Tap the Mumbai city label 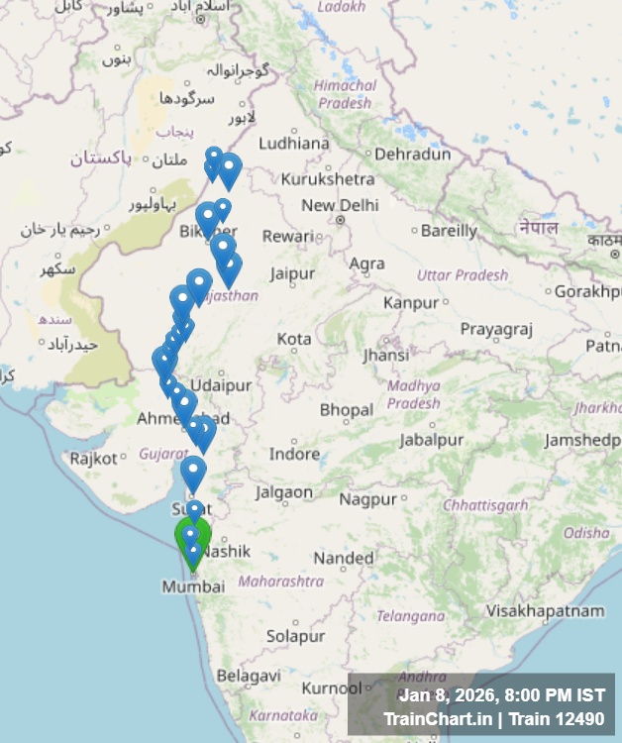[x=193, y=586]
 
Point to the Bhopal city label [x=346, y=409]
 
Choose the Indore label [x=295, y=454]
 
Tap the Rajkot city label [x=94, y=459]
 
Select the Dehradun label [x=414, y=154]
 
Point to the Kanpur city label [x=410, y=301]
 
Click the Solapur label [x=295, y=635]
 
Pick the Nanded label [x=344, y=558]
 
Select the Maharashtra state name [x=281, y=581]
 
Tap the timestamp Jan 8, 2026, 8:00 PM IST [x=501, y=694]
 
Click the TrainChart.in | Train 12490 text [x=493, y=718]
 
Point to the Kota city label [x=293, y=339]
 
